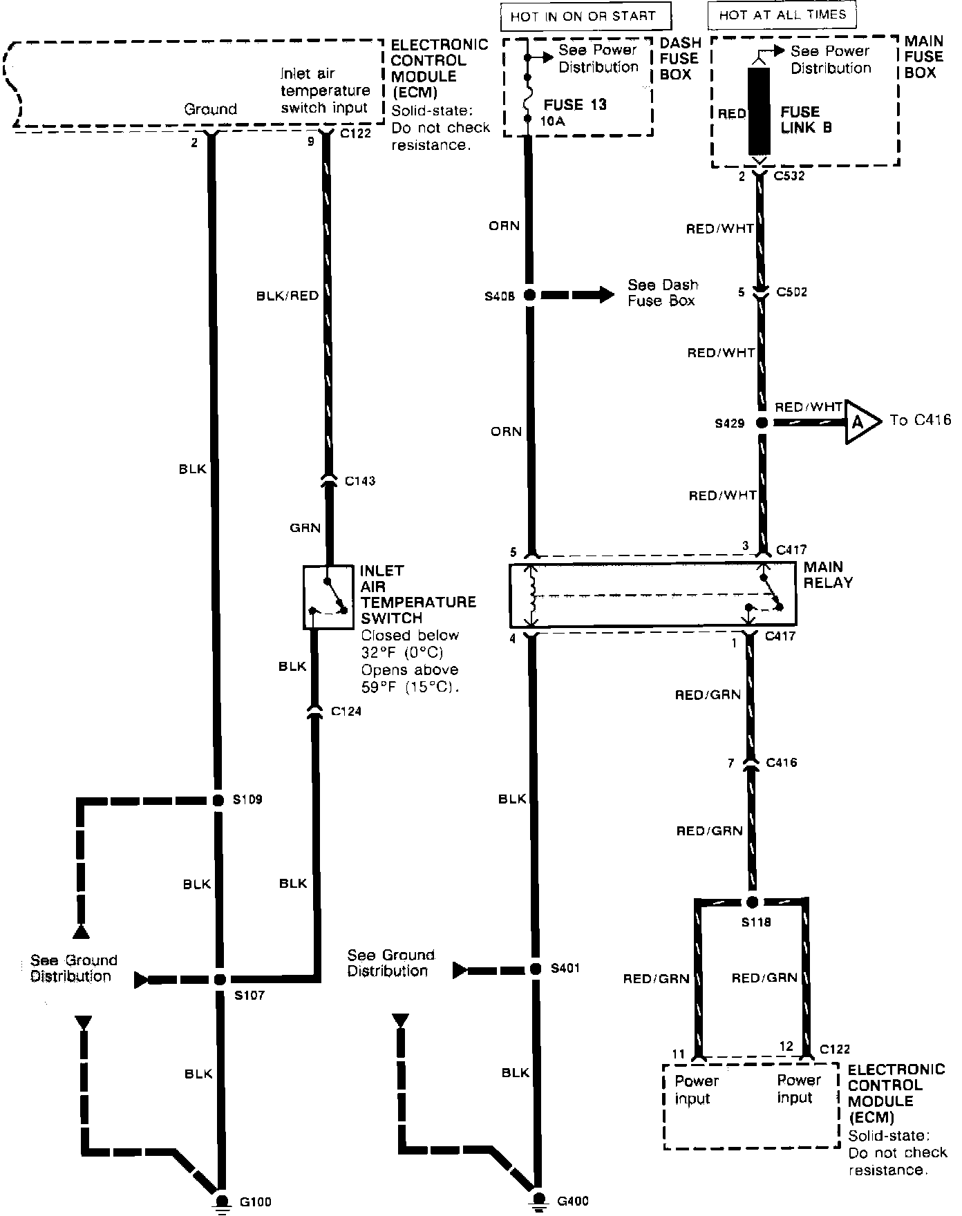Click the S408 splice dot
click(530, 295)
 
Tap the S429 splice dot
click(762, 422)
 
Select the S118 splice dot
click(753, 902)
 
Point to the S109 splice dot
click(218, 800)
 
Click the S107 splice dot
click(220, 979)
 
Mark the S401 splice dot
click(535, 969)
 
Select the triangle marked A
click(860, 421)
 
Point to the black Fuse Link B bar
click(759, 112)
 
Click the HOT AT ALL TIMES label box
click(782, 15)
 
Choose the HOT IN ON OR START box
click(583, 16)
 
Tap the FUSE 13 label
click(575, 104)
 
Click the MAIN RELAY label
click(827, 574)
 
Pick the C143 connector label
click(359, 481)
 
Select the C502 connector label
click(791, 292)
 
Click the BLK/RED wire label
click(287, 296)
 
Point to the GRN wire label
click(305, 529)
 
